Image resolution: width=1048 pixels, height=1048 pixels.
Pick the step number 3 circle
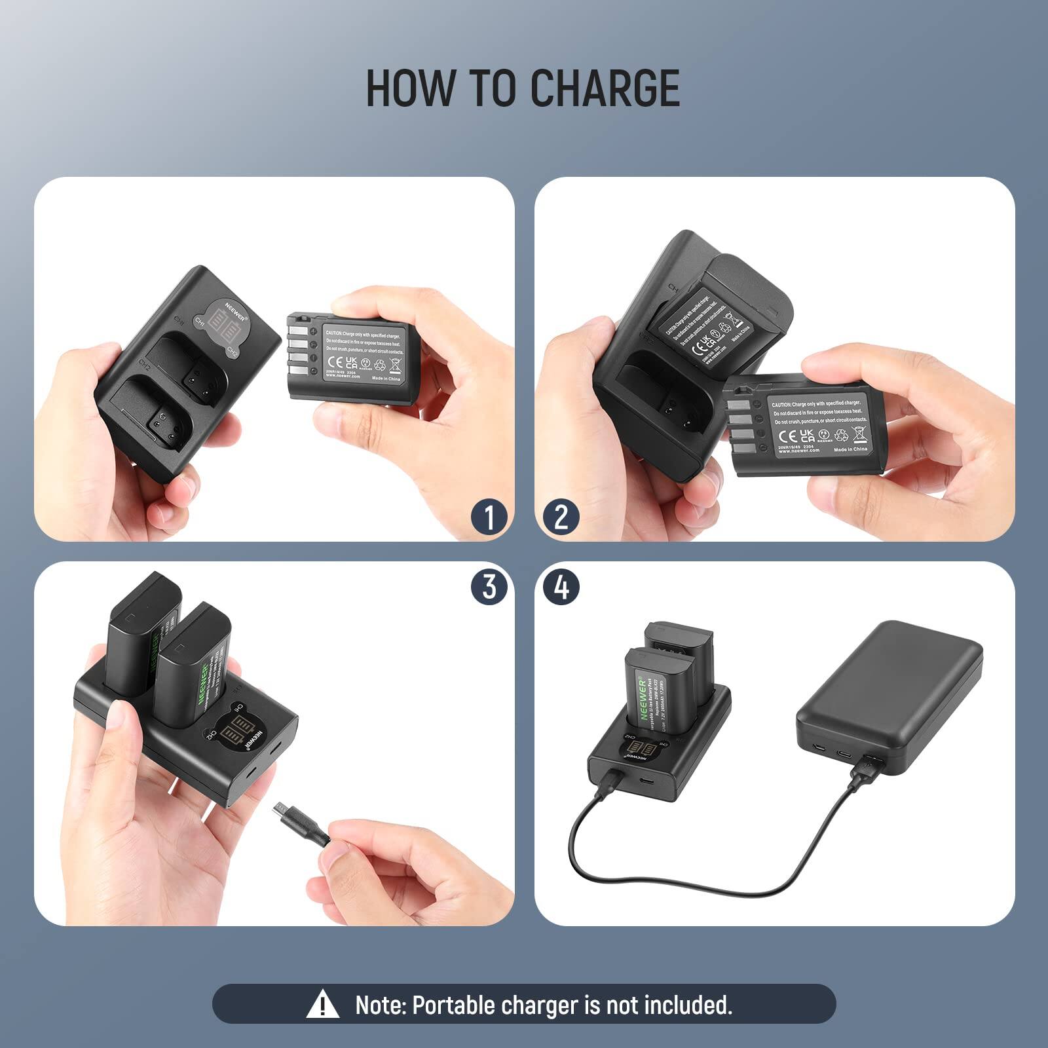(x=489, y=586)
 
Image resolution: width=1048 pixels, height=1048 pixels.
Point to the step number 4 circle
(x=561, y=586)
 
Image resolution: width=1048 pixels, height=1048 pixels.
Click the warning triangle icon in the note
(x=322, y=1005)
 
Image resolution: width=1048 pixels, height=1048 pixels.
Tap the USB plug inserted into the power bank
(x=865, y=769)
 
